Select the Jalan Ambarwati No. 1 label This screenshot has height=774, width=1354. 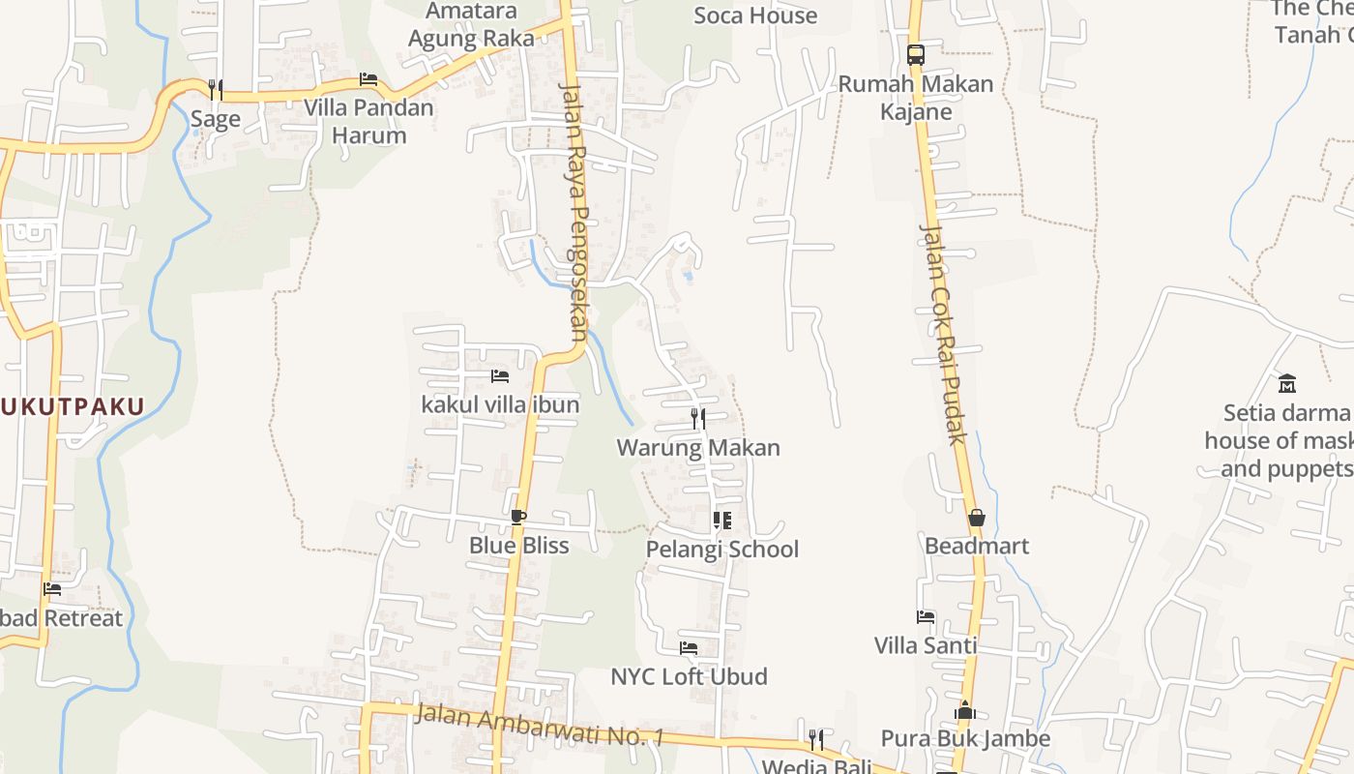(539, 725)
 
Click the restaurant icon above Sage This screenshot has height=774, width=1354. (216, 89)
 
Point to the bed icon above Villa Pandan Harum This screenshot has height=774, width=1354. (368, 79)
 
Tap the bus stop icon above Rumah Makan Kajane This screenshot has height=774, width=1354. (916, 54)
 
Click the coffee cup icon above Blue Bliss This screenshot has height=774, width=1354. (518, 517)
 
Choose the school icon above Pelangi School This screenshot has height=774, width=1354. (722, 521)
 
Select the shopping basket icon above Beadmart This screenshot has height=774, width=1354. (976, 518)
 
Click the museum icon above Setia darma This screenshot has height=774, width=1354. (1286, 383)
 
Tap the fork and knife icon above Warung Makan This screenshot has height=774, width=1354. (698, 419)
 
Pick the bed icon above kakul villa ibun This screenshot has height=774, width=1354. (500, 375)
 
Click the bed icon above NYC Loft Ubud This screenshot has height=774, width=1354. (689, 647)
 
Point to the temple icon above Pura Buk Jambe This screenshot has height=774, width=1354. (964, 711)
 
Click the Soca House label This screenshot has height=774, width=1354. (755, 15)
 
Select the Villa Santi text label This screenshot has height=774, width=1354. (926, 645)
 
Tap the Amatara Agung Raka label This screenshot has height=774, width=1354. (472, 25)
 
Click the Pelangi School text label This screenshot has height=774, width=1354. (722, 550)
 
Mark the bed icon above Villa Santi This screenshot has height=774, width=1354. (926, 616)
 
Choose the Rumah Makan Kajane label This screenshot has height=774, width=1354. (916, 97)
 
